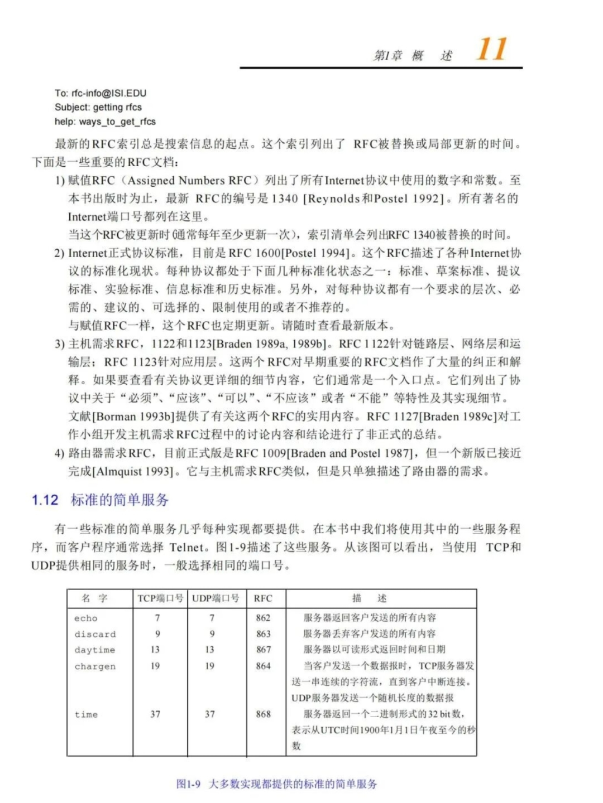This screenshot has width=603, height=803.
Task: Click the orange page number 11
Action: click(491, 49)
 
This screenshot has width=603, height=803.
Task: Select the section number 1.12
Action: click(45, 500)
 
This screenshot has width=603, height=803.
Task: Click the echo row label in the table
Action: click(85, 618)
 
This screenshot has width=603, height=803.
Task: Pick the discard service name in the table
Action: click(95, 635)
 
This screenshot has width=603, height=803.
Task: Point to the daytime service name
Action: click(94, 650)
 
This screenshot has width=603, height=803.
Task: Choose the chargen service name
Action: click(95, 666)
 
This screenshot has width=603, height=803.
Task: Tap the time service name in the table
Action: click(86, 714)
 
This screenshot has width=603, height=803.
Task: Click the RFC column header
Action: click(263, 598)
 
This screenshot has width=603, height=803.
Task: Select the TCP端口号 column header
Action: click(160, 598)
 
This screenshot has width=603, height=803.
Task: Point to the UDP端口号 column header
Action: click(216, 598)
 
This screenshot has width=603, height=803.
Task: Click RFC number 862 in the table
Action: click(263, 618)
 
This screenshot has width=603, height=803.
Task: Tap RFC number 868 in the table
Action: click(263, 714)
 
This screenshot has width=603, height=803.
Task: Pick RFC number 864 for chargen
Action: click(263, 666)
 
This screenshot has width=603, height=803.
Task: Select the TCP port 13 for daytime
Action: click(155, 650)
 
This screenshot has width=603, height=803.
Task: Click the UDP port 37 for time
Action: click(210, 714)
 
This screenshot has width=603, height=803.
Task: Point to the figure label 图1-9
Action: click(188, 784)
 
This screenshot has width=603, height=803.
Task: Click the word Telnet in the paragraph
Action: click(186, 547)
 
